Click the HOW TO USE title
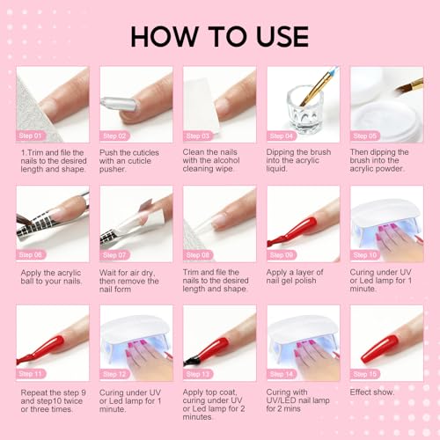[220, 36]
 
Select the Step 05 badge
[368, 136]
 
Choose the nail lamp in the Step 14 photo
[304, 330]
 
